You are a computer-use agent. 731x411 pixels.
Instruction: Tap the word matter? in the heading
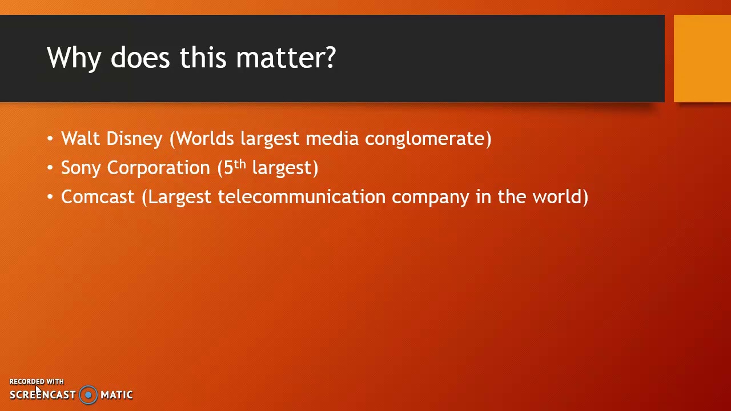click(x=286, y=58)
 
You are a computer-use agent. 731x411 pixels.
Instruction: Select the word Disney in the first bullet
click(x=134, y=139)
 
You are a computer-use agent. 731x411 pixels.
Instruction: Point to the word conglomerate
click(x=428, y=139)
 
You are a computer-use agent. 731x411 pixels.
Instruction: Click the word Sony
click(x=81, y=168)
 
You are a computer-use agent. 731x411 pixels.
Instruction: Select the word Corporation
click(x=158, y=168)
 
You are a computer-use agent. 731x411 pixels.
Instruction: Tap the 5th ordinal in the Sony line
click(x=234, y=167)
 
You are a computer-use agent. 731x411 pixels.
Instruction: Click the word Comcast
click(x=98, y=197)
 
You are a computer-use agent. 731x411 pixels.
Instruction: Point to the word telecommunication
click(x=302, y=197)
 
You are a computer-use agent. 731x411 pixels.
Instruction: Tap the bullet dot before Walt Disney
click(x=50, y=139)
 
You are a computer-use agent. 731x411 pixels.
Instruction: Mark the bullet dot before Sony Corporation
click(x=50, y=168)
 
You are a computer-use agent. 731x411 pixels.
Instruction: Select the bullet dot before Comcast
click(x=50, y=197)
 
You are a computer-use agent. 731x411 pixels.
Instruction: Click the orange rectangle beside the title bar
click(x=702, y=59)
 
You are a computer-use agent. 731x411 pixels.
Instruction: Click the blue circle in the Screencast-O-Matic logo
click(x=89, y=394)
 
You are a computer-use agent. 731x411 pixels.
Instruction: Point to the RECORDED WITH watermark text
click(x=37, y=381)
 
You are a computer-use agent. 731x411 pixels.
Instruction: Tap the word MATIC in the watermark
click(x=117, y=394)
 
